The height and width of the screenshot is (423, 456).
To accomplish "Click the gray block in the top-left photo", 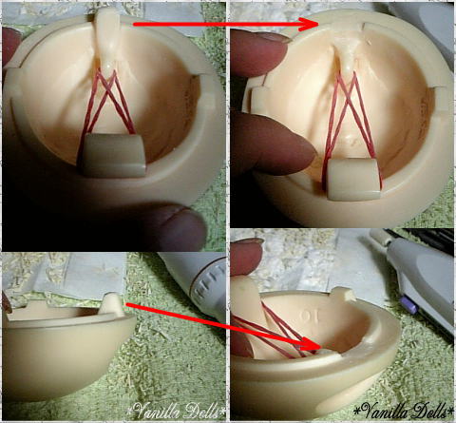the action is pos(112,155).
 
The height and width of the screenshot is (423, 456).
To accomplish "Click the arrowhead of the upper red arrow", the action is pos(308,25).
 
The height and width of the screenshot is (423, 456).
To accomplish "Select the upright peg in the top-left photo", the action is pos(107,36).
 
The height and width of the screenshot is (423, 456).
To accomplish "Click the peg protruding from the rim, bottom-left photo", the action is pos(112,304).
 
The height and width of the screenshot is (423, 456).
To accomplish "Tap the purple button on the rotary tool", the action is pos(408,305).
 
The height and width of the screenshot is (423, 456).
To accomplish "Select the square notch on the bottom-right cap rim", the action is pos(347,294).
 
